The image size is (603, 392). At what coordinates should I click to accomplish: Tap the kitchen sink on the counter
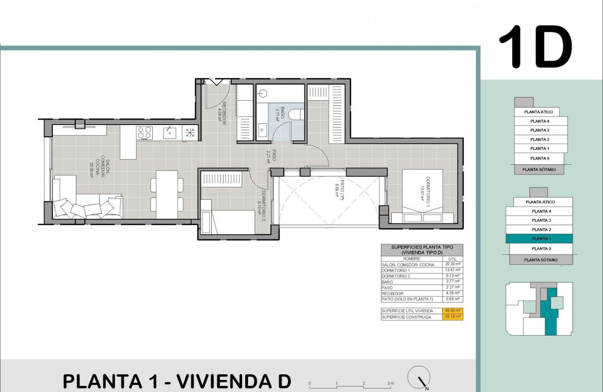169,133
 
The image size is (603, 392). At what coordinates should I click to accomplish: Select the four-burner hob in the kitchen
144,133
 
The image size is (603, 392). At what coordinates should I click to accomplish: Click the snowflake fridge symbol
190,133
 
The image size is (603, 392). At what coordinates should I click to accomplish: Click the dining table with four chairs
167,194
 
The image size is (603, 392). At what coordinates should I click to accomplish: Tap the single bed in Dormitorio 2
228,222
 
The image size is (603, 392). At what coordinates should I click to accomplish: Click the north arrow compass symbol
419,376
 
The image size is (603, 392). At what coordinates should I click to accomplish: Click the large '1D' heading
535,47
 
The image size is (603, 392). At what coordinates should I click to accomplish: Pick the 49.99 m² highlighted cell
453,311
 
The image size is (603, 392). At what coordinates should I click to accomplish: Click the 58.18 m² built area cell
453,317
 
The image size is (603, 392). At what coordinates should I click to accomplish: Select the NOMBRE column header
411,259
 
